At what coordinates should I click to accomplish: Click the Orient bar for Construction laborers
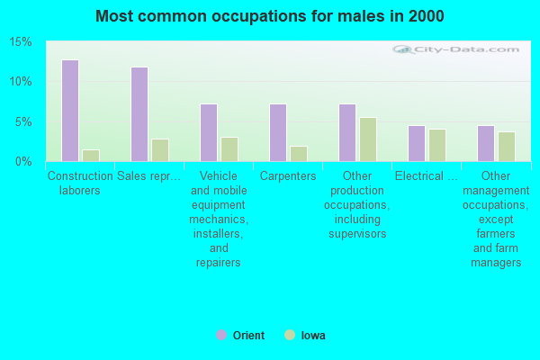point(70,111)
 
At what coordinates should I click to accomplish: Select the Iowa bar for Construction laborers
point(91,156)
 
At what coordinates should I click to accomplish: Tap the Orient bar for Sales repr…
point(139,114)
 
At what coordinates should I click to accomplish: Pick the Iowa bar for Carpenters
point(299,154)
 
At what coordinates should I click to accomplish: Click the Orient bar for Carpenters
point(278,132)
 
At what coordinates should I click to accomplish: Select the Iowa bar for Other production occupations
point(368,139)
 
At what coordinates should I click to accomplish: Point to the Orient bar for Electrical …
point(417,144)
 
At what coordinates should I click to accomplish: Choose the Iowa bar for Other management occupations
point(507,147)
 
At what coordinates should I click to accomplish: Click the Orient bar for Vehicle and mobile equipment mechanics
point(209,132)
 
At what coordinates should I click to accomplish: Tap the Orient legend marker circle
point(221,335)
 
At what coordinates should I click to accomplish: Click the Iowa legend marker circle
point(290,335)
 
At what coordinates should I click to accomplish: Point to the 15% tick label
point(21,42)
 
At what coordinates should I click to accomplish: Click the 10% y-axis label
point(21,82)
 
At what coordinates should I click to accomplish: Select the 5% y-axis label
point(23,122)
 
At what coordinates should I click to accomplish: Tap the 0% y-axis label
point(23,162)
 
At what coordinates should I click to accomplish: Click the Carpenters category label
point(288,176)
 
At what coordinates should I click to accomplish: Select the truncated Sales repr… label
point(148,176)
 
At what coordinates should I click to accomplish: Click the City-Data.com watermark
point(456,49)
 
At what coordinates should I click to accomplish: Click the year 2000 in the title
point(427,16)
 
